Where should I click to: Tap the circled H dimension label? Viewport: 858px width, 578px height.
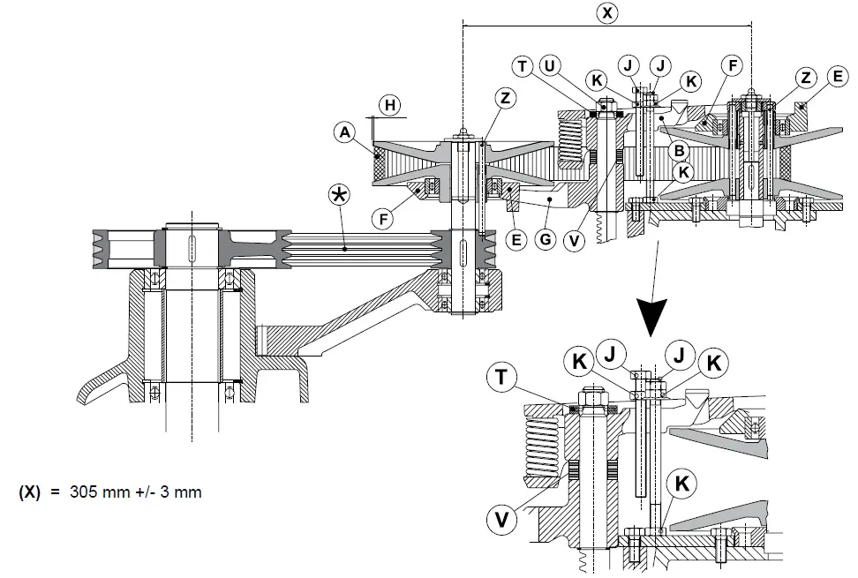coord(388,106)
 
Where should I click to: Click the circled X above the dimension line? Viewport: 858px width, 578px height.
coord(607,12)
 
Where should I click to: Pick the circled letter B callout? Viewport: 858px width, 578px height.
coord(680,151)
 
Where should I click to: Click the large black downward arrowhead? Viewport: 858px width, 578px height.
coord(652,313)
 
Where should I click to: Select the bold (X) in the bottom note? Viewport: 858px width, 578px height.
coord(32,492)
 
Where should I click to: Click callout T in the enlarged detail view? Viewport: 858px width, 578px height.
coord(500,377)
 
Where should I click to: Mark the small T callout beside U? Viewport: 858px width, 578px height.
coord(523,66)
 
